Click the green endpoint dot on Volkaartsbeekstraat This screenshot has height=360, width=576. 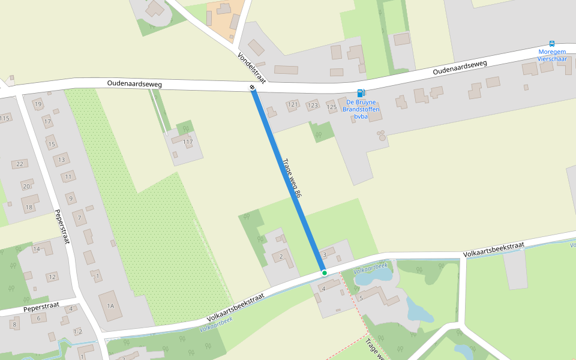click(325, 273)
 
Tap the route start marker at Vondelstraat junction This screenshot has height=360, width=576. click(253, 88)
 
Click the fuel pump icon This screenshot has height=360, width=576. click(361, 93)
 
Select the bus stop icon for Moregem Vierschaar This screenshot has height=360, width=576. click(551, 44)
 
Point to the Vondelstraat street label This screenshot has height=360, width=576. click(252, 67)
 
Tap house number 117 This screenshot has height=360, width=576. click(188, 142)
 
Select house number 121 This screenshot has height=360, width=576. click(293, 105)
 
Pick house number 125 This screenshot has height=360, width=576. click(332, 107)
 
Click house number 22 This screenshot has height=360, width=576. click(20, 164)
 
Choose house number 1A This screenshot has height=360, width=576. click(110, 306)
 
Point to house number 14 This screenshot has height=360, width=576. click(37, 249)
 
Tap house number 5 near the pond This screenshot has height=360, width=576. click(361, 298)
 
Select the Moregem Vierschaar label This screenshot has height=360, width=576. click(553, 55)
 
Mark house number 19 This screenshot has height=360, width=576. click(38, 104)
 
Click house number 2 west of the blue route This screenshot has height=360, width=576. click(281, 257)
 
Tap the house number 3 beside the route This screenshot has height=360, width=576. click(325, 255)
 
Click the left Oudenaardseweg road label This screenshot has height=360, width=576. click(135, 84)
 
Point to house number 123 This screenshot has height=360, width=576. click(313, 106)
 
